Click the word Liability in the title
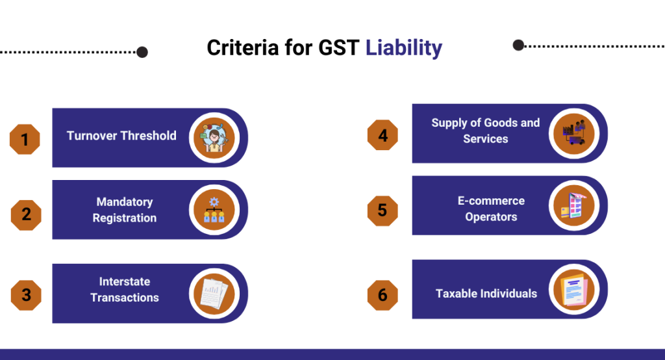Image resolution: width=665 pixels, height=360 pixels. pyautogui.click(x=403, y=48)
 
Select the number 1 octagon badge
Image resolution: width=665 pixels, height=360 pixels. pyautogui.click(x=25, y=139)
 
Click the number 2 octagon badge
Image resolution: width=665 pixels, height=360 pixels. pyautogui.click(x=26, y=214)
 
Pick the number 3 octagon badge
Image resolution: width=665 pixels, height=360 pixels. pyautogui.click(x=26, y=295)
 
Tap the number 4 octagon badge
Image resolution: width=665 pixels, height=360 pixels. pyautogui.click(x=383, y=135)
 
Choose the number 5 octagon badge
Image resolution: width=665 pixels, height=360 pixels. pyautogui.click(x=383, y=210)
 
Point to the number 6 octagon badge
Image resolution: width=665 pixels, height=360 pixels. pyautogui.click(x=383, y=294)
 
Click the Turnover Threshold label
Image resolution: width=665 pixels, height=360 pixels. pyautogui.click(x=121, y=136)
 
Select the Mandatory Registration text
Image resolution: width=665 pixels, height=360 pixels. pyautogui.click(x=125, y=210)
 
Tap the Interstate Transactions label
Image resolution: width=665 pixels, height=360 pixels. pyautogui.click(x=125, y=290)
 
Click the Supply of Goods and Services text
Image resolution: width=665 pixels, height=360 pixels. pyautogui.click(x=486, y=131)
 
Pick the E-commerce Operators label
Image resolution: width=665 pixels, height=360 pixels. pyautogui.click(x=491, y=209)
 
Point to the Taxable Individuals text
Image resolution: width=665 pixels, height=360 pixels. pyautogui.click(x=486, y=294)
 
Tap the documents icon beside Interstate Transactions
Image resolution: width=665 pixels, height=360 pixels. pyautogui.click(x=214, y=293)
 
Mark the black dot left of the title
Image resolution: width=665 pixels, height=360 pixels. pyautogui.click(x=142, y=52)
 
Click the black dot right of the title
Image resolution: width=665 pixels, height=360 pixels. pyautogui.click(x=518, y=45)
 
